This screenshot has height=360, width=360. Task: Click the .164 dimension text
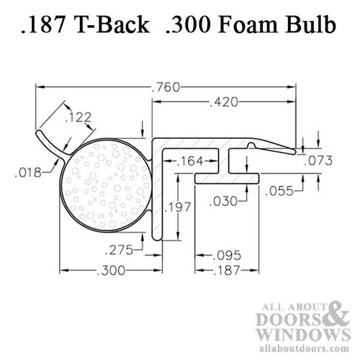pyautogui.click(x=190, y=161)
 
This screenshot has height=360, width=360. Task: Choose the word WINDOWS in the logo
pyautogui.click(x=297, y=337)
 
